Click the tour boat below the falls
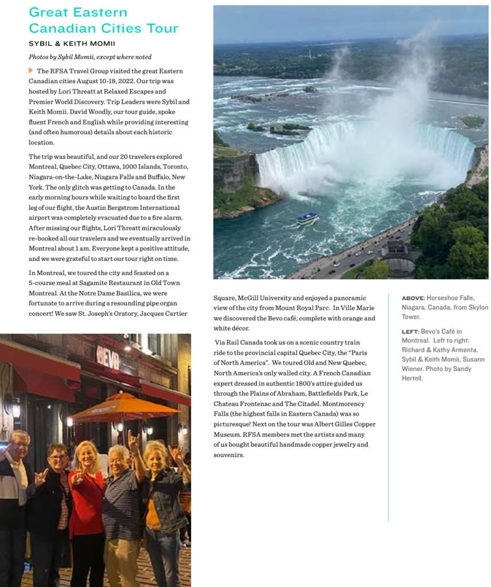[x=307, y=218]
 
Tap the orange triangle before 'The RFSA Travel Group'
[x=31, y=71]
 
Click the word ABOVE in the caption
[x=412, y=298]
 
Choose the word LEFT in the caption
[x=410, y=332]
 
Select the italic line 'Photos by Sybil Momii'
[x=90, y=57]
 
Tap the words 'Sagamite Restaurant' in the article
[x=111, y=283]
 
